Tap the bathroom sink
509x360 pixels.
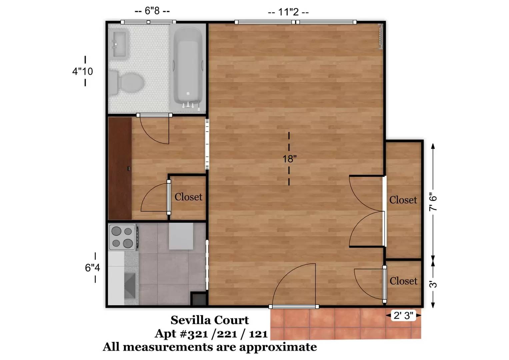(x=119, y=43)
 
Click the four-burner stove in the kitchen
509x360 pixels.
(x=122, y=237)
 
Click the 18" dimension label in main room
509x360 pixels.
(x=289, y=159)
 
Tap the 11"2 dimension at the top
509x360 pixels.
(x=288, y=12)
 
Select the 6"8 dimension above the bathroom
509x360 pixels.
(x=152, y=11)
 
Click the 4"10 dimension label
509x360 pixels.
(x=83, y=71)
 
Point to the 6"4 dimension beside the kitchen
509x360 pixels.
(x=92, y=267)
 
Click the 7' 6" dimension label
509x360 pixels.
(x=433, y=202)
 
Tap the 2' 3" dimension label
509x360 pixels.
(x=403, y=315)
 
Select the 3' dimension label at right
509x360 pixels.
(x=433, y=284)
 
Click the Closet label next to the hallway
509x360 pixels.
(x=188, y=197)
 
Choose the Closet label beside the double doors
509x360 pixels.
(x=403, y=200)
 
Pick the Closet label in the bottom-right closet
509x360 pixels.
(x=403, y=281)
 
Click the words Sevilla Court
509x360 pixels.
(x=210, y=320)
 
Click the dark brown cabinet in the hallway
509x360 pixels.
(x=120, y=168)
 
